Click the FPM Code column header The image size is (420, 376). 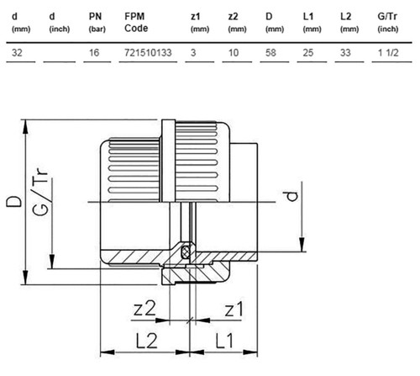point(136,22)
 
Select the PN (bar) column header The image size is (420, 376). point(97,22)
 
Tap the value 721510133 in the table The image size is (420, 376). point(148,52)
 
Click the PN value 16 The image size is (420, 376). point(94,52)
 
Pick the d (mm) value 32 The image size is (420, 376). point(17,52)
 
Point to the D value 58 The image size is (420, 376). point(270,52)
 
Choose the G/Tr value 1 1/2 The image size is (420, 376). point(388,52)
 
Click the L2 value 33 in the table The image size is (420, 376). point(345,52)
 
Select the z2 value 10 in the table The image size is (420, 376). point(234,52)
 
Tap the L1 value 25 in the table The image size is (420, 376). point(308,52)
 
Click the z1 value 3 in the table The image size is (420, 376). point(193,52)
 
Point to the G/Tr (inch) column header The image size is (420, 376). point(388,22)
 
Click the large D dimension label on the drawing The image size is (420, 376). point(14,201)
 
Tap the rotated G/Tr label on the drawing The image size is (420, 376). point(39,192)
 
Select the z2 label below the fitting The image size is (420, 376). point(144,309)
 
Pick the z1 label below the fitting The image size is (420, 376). point(234,309)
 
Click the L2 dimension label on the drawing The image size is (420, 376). point(147,341)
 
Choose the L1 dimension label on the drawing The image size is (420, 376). point(224,341)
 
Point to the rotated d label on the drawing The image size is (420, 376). point(292,196)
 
